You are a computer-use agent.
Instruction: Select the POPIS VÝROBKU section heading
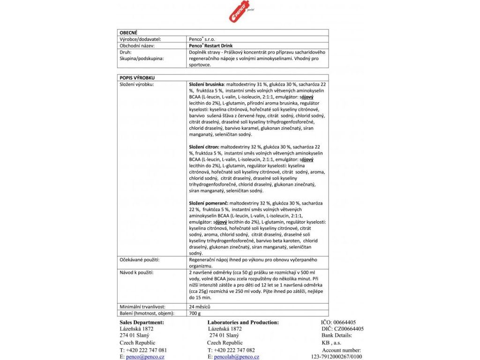pyautogui.click(x=137, y=77)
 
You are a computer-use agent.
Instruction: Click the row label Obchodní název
pyautogui.click(x=137, y=46)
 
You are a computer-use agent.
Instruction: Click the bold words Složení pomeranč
pyautogui.click(x=208, y=203)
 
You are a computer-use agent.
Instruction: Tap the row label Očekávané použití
pyautogui.click(x=140, y=259)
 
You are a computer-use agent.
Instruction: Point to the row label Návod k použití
pyautogui.click(x=136, y=272)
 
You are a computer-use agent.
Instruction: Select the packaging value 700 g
pyautogui.click(x=195, y=313)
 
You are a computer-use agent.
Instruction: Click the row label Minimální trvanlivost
pyautogui.click(x=142, y=307)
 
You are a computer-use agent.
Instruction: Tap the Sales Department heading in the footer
pyautogui.click(x=142, y=322)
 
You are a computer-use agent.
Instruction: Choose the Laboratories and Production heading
pyautogui.click(x=243, y=322)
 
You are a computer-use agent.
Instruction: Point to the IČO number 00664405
pyautogui.click(x=345, y=322)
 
